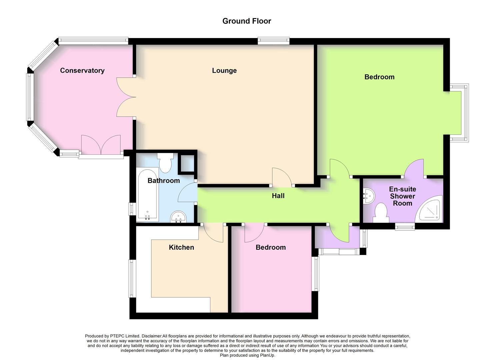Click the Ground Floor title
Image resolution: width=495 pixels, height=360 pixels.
pos(247,21)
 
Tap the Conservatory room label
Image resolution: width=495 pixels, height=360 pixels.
pos(82,70)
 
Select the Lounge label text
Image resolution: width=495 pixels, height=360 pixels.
pos(224,70)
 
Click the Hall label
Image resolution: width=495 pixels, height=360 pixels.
pos(278,196)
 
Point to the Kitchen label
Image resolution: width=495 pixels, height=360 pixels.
pos(181,247)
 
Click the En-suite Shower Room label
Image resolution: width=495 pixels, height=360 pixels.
pos(402,196)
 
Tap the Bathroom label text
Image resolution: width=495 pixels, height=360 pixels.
pos(163,181)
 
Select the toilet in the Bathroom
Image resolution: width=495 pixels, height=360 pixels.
pos(165,162)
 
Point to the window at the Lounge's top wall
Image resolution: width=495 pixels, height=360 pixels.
pos(273,41)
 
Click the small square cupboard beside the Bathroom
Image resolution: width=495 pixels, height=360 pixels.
pos(187,163)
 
